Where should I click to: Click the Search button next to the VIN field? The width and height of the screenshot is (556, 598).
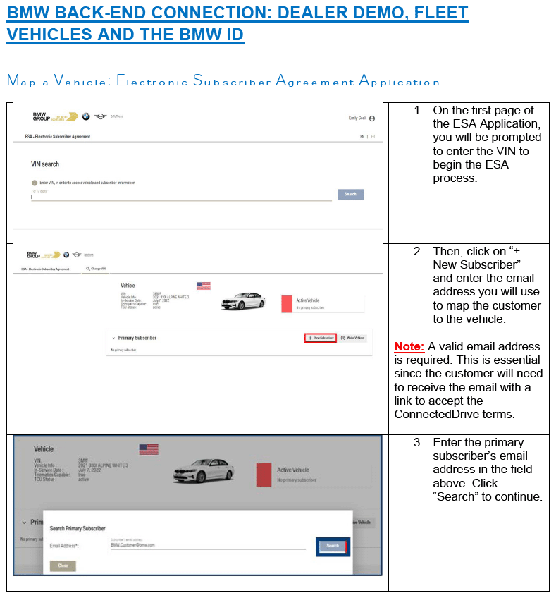pos(350,194)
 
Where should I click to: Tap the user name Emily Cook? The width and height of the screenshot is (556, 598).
pos(357,118)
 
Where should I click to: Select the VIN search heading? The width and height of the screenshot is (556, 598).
pos(45,164)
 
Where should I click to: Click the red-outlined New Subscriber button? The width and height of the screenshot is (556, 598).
pos(321,338)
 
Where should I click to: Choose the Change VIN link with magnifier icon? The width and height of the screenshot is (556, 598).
pos(96,269)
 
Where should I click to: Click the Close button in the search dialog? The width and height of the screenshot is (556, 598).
pos(63,566)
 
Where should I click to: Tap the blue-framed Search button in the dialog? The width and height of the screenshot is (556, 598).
pos(333,546)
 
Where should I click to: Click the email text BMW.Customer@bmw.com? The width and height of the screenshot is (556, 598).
pos(132,545)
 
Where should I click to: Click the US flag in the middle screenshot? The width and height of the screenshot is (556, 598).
pos(204,286)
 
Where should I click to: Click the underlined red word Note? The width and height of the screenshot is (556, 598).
pos(409,346)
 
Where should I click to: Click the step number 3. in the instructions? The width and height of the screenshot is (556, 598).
pos(419,442)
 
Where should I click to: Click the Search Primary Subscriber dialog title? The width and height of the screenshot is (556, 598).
pos(78,528)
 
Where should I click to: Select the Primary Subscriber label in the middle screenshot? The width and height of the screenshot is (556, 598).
pos(137,338)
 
